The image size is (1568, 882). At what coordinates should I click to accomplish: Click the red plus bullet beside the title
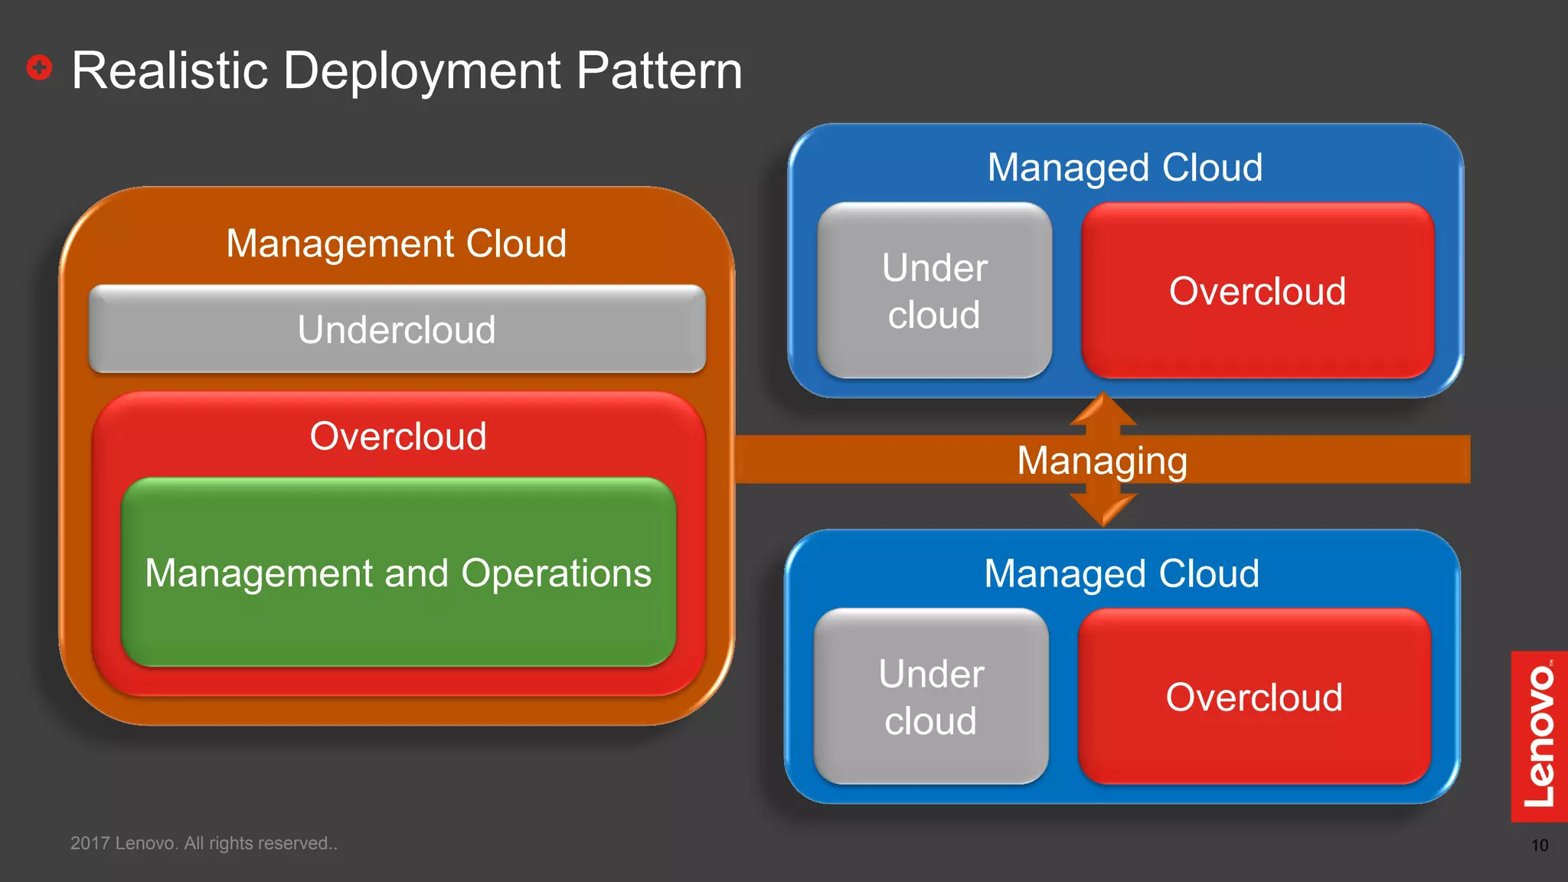tap(39, 67)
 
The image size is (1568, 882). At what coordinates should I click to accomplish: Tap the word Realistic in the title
tap(169, 70)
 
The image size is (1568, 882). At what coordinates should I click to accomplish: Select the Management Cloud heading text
tap(396, 243)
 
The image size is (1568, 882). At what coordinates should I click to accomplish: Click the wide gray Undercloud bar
tap(397, 330)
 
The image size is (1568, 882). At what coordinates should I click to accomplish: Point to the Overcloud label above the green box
tap(398, 436)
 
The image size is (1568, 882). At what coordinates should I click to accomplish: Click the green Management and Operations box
tap(398, 612)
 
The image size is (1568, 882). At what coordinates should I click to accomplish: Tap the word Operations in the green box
tap(557, 573)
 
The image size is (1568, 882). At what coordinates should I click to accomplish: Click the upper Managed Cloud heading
tap(1125, 167)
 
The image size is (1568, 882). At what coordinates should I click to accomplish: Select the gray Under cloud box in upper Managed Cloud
tap(934, 291)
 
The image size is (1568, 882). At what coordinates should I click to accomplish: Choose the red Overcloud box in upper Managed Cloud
tap(1257, 291)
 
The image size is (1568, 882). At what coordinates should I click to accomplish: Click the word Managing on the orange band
tap(1102, 460)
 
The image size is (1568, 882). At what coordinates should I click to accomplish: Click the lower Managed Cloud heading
tap(1122, 573)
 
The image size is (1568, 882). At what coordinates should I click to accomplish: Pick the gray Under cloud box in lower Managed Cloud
tap(931, 697)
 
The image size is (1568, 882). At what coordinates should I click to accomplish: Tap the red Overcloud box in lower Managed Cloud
tap(1254, 697)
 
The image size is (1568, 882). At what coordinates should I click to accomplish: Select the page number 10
tap(1539, 845)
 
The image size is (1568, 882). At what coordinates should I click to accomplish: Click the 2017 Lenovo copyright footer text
tap(204, 843)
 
